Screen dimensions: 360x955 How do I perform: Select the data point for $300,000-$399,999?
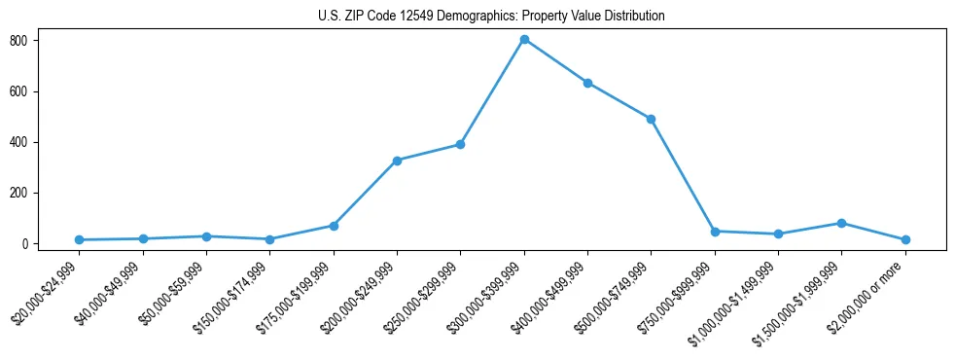pos(524,40)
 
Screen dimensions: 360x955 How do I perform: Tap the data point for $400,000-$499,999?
pos(587,83)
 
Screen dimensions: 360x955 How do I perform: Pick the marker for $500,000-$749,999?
pos(651,119)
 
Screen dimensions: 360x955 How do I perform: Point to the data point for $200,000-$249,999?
pos(397,161)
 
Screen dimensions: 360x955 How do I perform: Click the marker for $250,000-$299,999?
pos(460,144)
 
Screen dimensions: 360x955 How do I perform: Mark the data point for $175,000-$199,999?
pos(334,226)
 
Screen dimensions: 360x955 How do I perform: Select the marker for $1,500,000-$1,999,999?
pos(841,223)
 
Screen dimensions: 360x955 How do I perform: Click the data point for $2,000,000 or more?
pos(905,239)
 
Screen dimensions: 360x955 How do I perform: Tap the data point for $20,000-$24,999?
pos(79,239)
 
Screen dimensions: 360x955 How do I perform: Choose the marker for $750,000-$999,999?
pos(715,232)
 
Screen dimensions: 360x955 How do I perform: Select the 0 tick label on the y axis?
pos(33,244)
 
